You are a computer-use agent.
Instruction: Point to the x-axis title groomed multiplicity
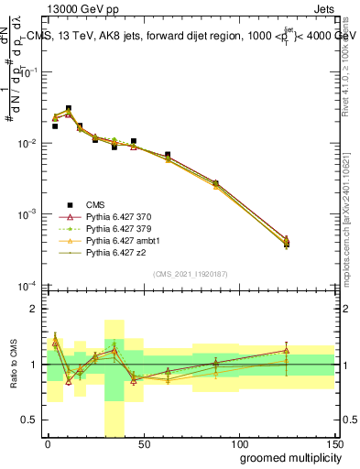(286, 457)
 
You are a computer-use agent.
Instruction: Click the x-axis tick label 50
(143, 443)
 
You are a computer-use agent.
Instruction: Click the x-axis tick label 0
(48, 443)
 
